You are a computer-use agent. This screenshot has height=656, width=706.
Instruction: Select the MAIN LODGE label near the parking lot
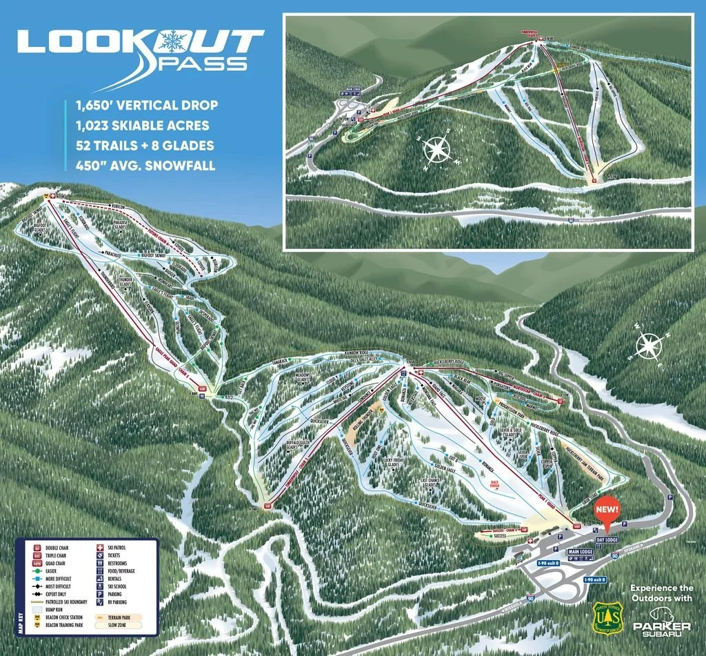[x=581, y=552]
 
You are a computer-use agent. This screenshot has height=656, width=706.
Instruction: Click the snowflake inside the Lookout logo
[x=169, y=41]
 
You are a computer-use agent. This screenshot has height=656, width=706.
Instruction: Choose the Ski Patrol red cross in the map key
[x=101, y=548]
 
